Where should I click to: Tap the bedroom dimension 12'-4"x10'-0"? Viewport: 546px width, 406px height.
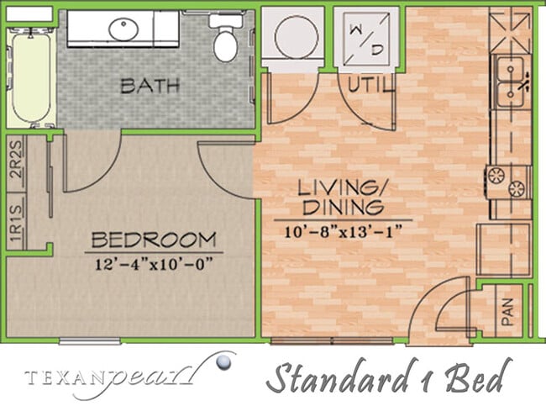(154, 262)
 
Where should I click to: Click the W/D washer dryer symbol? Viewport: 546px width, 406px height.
(366, 38)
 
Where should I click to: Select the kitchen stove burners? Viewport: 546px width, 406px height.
(508, 181)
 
